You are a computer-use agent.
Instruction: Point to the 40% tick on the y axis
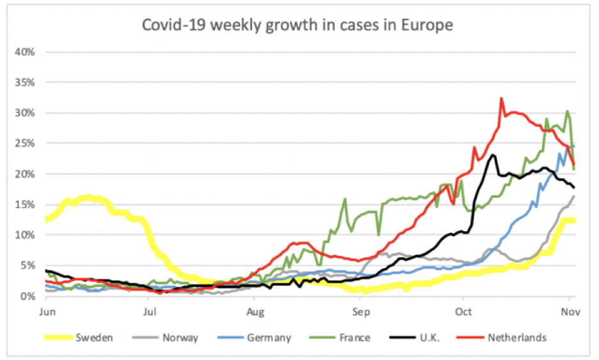pyautogui.click(x=25, y=52)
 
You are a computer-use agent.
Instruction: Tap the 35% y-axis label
pyautogui.click(x=25, y=82)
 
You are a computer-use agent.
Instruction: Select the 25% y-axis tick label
pyautogui.click(x=25, y=144)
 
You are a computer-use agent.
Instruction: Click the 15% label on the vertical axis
pyautogui.click(x=25, y=204)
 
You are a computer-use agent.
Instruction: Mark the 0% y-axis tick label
pyautogui.click(x=27, y=296)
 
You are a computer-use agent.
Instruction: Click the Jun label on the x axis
pyautogui.click(x=46, y=311)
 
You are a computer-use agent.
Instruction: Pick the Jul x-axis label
pyautogui.click(x=149, y=311)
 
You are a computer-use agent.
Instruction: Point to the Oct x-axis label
pyautogui.click(x=464, y=311)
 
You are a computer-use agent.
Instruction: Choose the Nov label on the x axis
pyautogui.click(x=569, y=311)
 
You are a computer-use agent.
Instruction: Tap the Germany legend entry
pyautogui.click(x=269, y=338)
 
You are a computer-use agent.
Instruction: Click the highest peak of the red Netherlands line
pyautogui.click(x=501, y=98)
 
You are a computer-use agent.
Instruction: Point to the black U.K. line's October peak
pyautogui.click(x=493, y=154)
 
